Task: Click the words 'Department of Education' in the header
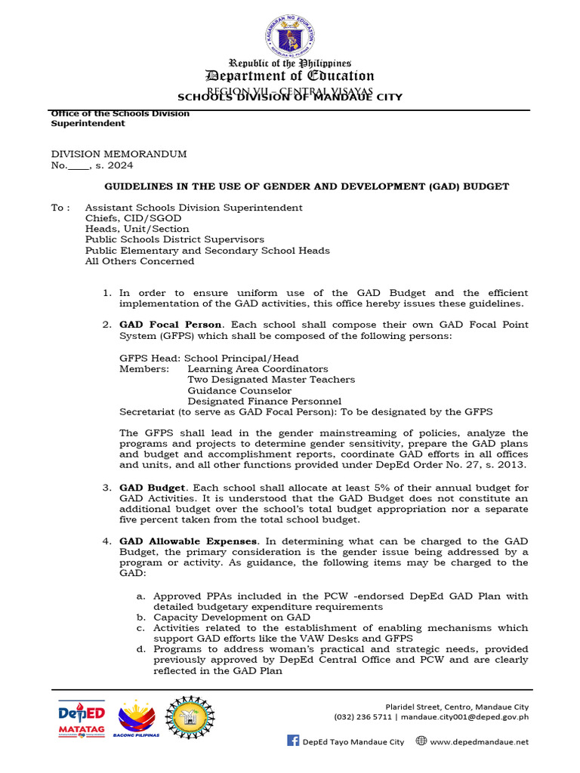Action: click(291, 75)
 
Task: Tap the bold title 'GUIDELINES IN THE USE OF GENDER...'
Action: click(306, 186)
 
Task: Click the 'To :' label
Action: click(61, 208)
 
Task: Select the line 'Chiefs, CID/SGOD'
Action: click(133, 218)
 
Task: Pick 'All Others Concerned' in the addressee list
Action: click(139, 261)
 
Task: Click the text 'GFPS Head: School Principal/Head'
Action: click(208, 358)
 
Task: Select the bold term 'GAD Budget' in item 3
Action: click(151, 488)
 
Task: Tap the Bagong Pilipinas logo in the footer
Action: click(136, 718)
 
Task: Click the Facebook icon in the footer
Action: click(293, 741)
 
